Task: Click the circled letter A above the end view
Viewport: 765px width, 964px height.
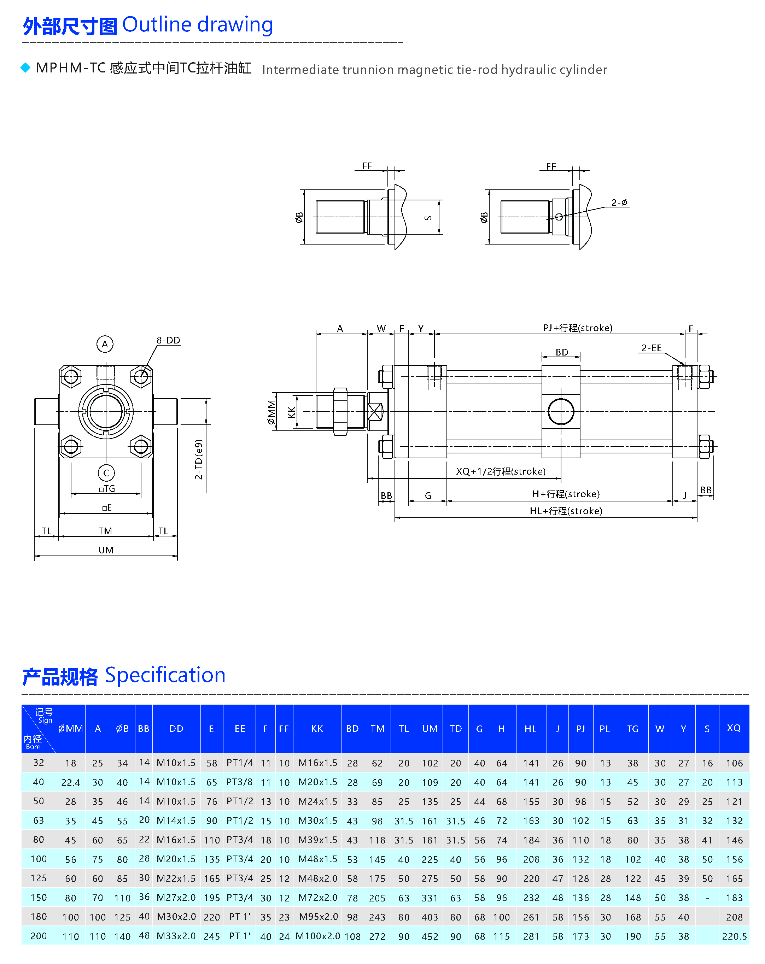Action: [105, 344]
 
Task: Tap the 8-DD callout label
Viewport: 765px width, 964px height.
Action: [168, 340]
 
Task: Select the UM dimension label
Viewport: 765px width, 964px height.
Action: [106, 550]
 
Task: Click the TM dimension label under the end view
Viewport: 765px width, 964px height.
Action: [105, 531]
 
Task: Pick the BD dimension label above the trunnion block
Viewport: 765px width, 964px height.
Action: [561, 352]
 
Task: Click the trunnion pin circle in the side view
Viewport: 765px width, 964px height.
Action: [561, 411]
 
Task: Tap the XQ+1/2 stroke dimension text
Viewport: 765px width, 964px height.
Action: [501, 471]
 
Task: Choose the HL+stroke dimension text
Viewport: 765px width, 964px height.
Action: [566, 511]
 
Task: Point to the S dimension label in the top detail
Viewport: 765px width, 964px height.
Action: [428, 218]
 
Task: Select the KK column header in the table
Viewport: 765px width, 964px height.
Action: [317, 728]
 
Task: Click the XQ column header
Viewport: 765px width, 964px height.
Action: [734, 728]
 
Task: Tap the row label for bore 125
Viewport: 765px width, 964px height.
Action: [39, 878]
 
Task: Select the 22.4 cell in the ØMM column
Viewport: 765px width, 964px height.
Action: [70, 782]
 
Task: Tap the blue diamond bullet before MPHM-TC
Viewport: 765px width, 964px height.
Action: [25, 67]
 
